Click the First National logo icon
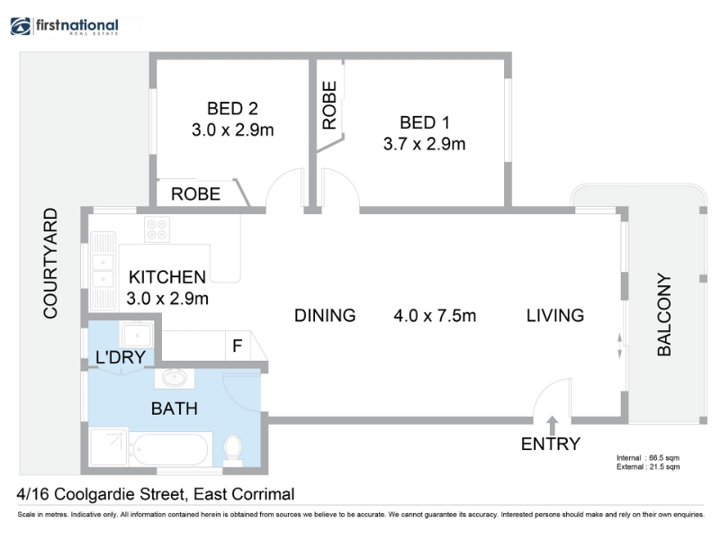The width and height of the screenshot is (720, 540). (x=20, y=26)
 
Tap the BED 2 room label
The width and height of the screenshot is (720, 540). (x=232, y=109)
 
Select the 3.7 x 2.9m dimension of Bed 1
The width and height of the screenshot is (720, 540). (x=424, y=144)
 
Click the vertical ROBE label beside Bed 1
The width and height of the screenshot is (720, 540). (x=329, y=105)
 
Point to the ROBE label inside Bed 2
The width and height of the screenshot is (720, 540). (x=195, y=194)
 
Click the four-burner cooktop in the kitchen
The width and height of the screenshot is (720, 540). (x=157, y=229)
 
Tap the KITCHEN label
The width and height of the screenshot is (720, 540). (x=167, y=277)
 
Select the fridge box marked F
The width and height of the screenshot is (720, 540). (x=238, y=346)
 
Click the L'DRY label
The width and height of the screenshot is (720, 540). (x=121, y=357)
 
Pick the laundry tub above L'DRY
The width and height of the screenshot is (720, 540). (x=137, y=334)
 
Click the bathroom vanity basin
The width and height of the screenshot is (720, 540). (x=174, y=378)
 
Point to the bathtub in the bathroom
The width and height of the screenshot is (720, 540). (x=170, y=449)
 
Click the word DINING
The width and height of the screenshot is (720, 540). (x=325, y=316)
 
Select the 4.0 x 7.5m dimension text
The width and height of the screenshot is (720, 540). (x=435, y=316)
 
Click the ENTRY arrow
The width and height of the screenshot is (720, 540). (x=553, y=425)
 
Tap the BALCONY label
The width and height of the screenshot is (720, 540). (x=664, y=314)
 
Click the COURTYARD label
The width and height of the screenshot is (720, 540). (x=50, y=263)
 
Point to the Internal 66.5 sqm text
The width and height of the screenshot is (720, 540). (x=648, y=458)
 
